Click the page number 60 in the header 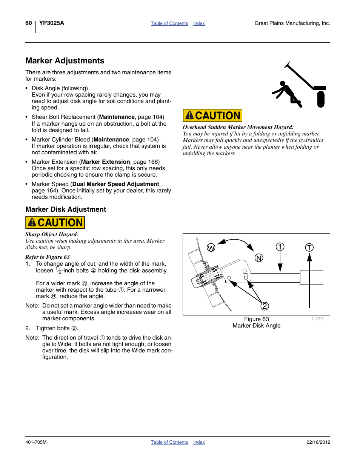[29, 23]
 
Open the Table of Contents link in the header [169, 23]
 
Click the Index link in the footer [199, 442]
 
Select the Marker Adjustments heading [65, 61]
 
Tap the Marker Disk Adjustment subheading [66, 209]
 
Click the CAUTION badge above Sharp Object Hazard [55, 223]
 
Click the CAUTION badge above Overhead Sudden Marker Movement [212, 115]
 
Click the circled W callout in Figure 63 [211, 248]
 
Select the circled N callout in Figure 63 [259, 258]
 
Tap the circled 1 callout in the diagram [280, 247]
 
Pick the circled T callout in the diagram [309, 248]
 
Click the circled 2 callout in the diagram [265, 306]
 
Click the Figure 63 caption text [257, 319]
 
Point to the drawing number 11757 [317, 319]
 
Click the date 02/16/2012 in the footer [318, 442]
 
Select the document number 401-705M [36, 442]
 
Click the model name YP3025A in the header [52, 23]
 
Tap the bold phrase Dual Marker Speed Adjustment [116, 184]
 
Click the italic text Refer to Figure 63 [48, 257]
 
